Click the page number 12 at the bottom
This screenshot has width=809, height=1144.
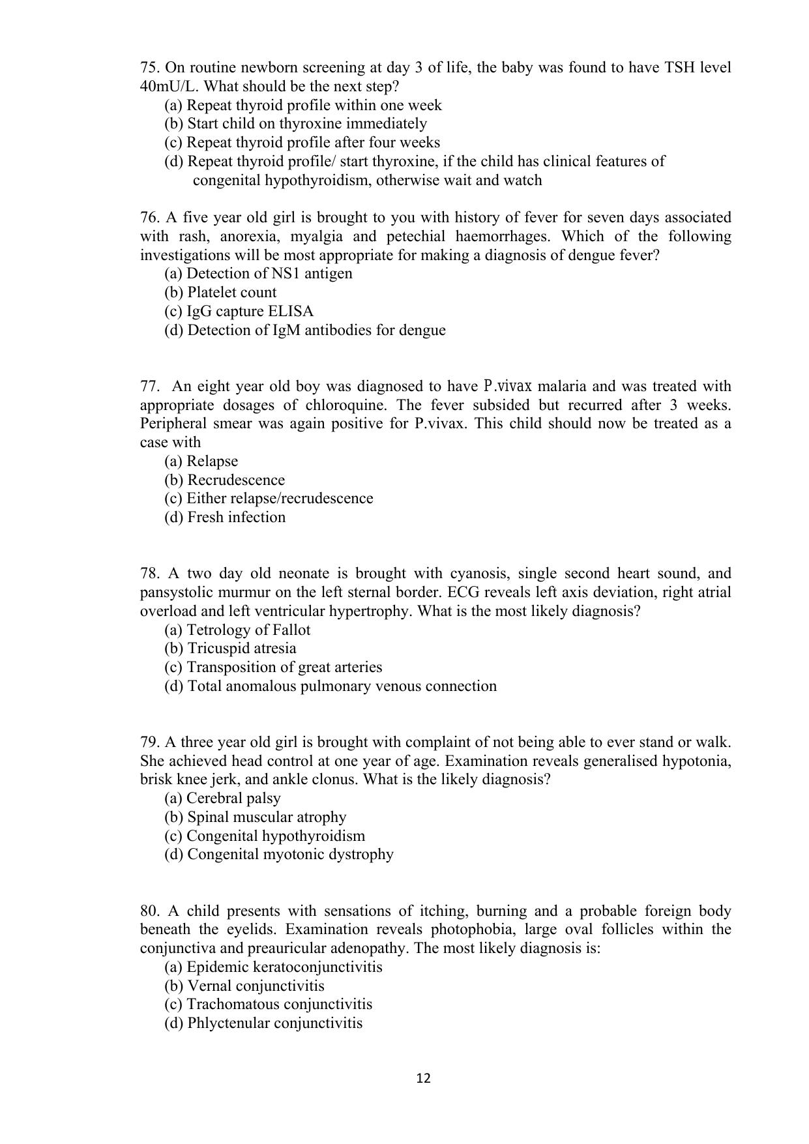click(x=423, y=1078)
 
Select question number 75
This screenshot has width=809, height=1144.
click(x=150, y=68)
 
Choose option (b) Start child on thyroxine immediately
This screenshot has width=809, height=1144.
click(x=295, y=124)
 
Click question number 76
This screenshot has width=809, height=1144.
click(x=150, y=218)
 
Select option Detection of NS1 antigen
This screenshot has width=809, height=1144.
click(x=258, y=274)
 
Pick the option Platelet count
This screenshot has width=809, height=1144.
click(x=220, y=293)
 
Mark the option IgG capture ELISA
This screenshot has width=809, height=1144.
click(x=239, y=312)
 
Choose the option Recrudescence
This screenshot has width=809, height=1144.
click(x=225, y=480)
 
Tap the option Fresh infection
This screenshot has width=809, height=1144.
click(x=225, y=518)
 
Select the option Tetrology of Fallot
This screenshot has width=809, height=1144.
click(x=237, y=630)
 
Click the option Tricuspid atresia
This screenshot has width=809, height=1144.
click(x=230, y=649)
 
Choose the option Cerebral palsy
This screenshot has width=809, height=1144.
click(x=222, y=799)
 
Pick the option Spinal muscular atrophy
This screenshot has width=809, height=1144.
click(x=255, y=817)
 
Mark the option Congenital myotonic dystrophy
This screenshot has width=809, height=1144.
click(x=278, y=855)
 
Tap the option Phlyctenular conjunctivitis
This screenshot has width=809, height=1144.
click(x=263, y=1023)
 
